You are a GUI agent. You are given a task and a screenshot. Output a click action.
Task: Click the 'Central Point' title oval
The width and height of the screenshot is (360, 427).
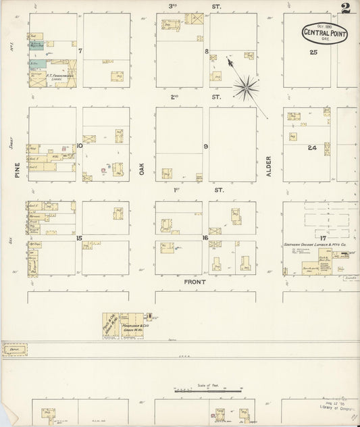[326, 31]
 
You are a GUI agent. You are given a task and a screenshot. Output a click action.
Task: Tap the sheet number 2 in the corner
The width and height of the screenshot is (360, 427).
[346, 9]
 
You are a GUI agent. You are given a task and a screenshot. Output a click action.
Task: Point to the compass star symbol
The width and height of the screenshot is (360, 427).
[247, 85]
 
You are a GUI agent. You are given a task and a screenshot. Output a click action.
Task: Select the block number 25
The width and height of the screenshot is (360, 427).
[313, 52]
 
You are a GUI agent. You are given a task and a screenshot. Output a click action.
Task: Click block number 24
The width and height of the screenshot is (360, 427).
[312, 147]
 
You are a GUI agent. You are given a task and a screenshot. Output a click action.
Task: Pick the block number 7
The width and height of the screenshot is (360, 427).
[80, 51]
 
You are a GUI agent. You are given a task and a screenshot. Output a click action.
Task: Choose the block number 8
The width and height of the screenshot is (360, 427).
[206, 51]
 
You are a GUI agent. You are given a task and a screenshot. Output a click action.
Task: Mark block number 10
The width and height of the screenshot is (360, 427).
[80, 145]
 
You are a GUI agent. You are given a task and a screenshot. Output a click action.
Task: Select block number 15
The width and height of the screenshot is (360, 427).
[80, 238]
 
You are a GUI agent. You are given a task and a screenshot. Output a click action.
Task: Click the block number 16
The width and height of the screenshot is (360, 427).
[205, 238]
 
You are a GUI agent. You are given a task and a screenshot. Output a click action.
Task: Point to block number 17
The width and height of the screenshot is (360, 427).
[323, 238]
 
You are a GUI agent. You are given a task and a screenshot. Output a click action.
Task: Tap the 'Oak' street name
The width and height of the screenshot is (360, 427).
[142, 168]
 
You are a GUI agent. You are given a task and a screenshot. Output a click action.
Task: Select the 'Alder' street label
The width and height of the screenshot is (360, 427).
[268, 167]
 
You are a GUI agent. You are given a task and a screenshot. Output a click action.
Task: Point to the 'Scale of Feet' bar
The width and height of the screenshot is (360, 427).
[209, 389]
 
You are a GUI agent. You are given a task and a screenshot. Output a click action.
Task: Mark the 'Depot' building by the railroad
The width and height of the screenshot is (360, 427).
[15, 349]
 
